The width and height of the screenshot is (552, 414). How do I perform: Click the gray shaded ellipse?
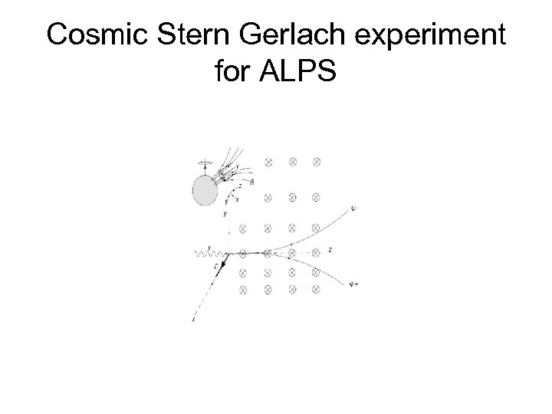(205, 189)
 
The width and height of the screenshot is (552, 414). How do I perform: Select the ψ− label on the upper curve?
(353, 206)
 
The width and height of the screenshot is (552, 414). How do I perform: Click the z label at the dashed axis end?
(329, 250)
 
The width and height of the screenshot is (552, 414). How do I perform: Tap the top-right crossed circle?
(317, 162)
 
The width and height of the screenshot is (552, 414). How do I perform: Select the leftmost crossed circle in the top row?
(268, 162)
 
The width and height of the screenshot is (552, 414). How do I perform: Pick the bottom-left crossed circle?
(243, 290)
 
